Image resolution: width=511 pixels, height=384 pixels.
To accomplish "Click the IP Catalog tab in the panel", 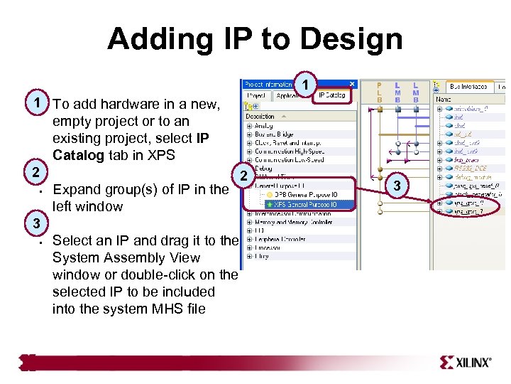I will [x=332, y=95].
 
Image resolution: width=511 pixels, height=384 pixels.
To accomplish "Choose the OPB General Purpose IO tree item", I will [x=306, y=195].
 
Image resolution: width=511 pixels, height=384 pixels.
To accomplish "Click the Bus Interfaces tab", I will [x=469, y=87].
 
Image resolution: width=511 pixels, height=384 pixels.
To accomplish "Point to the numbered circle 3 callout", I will [x=397, y=186].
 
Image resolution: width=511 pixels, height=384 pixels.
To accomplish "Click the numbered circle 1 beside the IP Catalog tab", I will [x=304, y=85].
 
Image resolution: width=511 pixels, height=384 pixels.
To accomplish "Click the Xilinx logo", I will [x=465, y=362].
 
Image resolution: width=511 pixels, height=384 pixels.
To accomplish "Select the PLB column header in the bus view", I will [x=379, y=91].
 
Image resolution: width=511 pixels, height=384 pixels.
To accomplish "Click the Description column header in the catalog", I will [x=260, y=116].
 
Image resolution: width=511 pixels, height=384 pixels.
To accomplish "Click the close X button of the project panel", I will [x=352, y=83].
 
